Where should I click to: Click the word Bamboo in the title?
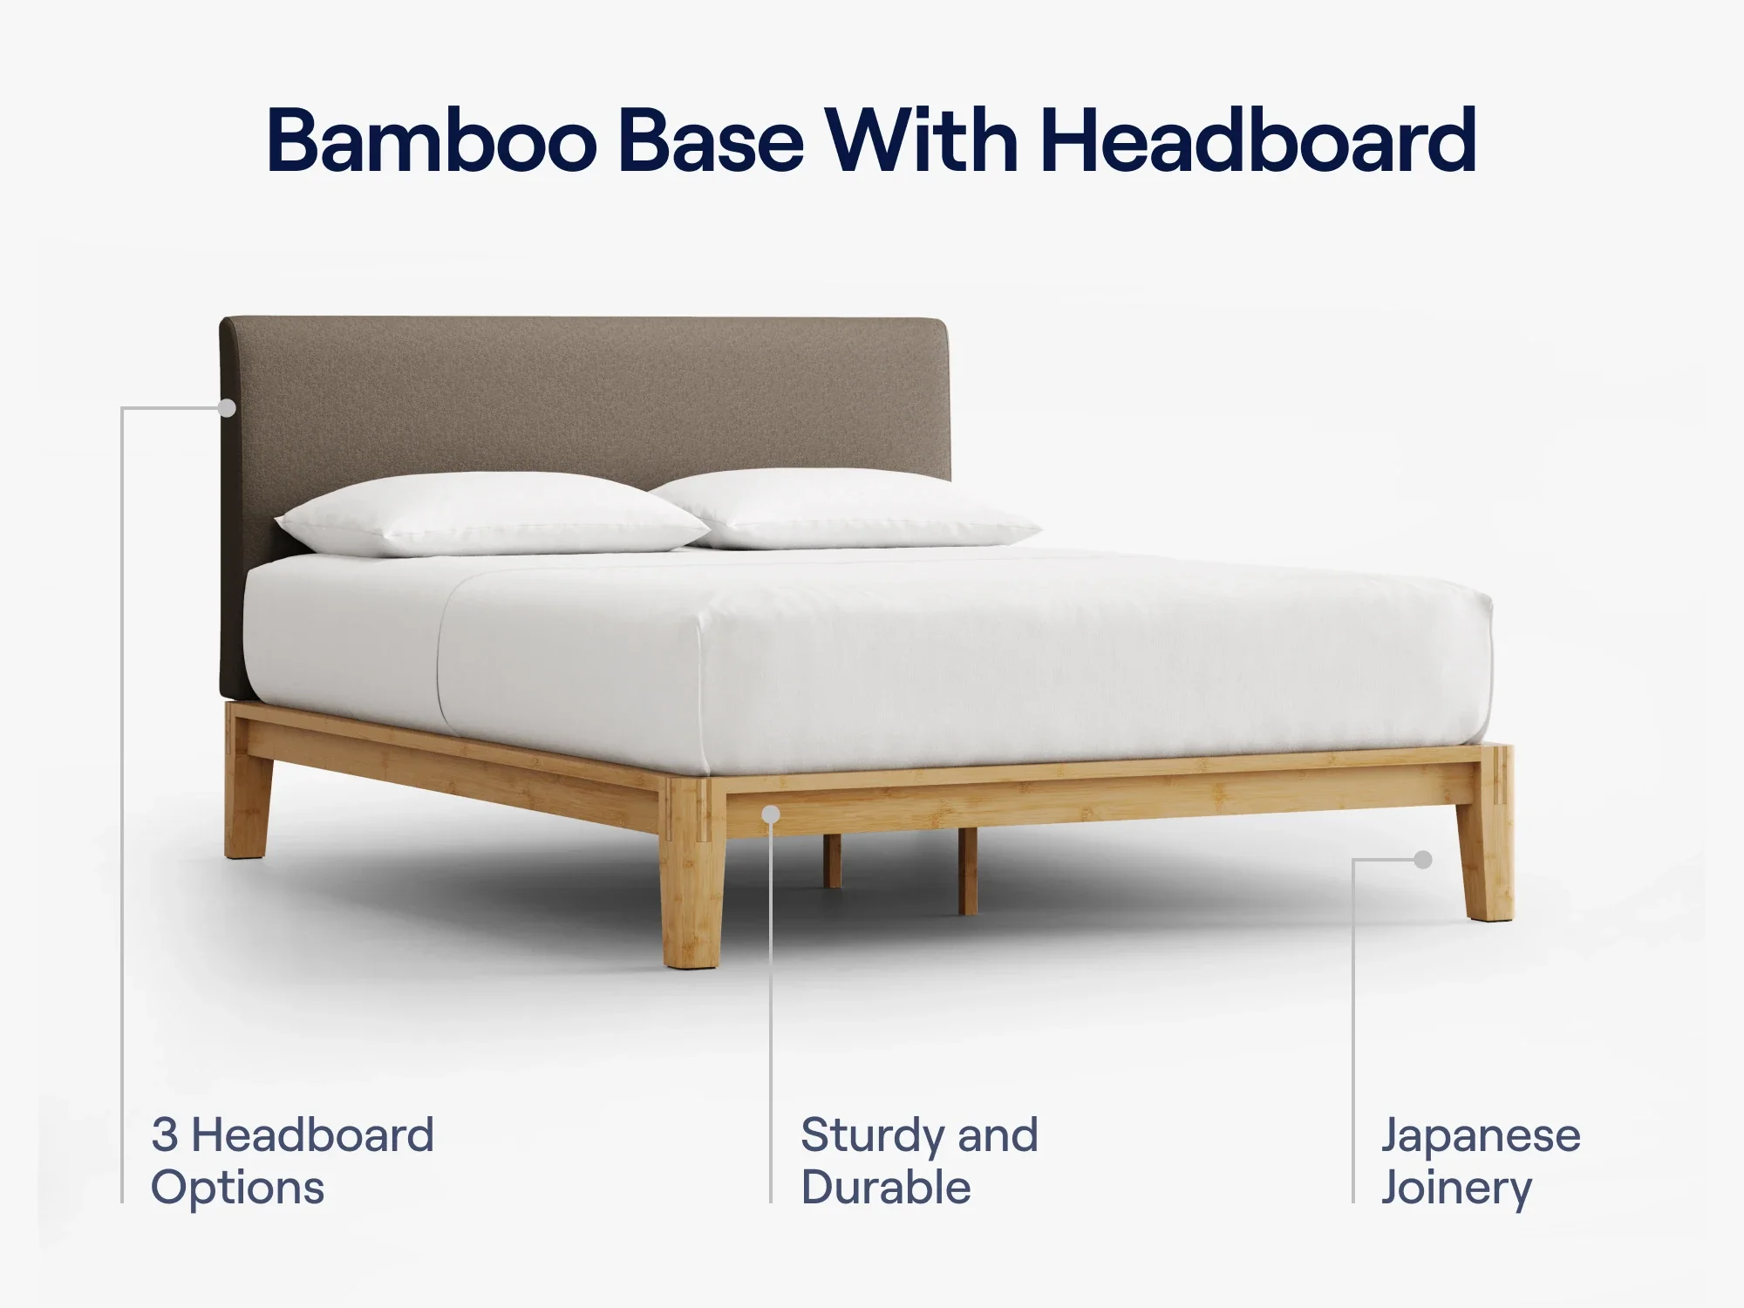432,141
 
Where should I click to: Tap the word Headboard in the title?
1258,141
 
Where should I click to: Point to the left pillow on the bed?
493,514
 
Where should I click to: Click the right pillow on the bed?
846,510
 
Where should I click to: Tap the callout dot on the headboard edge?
227,407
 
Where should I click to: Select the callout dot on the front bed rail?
771,814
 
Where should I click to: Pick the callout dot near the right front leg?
1423,860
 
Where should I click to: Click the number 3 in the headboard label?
165,1135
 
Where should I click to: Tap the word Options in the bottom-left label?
237,1189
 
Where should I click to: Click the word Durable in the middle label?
886,1188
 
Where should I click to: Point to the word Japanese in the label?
1481,1135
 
